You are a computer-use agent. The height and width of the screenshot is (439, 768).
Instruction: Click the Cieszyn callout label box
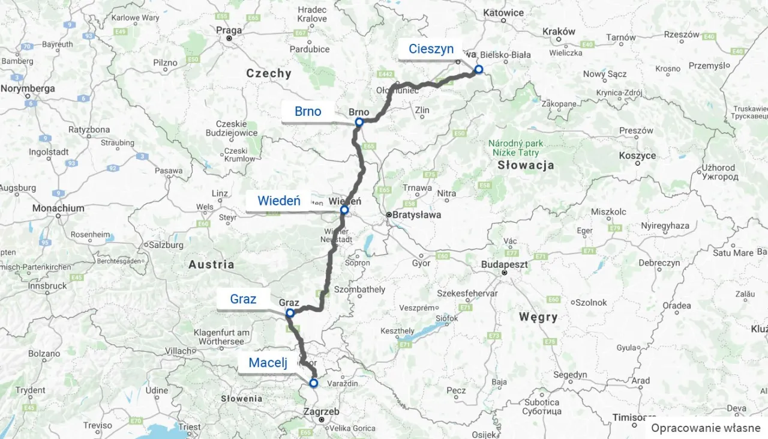(431, 49)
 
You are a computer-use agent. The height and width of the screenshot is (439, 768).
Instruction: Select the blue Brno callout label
(308, 111)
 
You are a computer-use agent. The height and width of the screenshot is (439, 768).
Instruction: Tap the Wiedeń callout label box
(279, 201)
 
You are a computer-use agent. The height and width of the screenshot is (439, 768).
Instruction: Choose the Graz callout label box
(243, 299)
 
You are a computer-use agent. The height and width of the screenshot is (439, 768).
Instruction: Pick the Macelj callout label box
(268, 363)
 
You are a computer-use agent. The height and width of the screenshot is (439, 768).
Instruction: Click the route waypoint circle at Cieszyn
(479, 69)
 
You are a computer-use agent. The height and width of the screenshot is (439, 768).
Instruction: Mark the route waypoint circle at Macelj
(313, 383)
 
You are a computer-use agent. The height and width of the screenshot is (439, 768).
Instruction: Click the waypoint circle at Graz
(290, 313)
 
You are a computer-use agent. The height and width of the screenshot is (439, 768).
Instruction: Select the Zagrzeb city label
(322, 412)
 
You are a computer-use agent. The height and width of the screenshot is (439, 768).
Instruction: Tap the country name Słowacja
(525, 165)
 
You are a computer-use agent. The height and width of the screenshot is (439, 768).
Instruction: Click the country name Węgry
(538, 316)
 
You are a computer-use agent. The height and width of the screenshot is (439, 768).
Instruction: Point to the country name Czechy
(268, 73)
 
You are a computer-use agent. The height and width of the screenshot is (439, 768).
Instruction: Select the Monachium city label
(58, 208)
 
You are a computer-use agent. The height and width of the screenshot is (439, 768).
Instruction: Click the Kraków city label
(558, 32)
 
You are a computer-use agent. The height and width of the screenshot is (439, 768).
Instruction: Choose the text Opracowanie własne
(706, 428)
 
